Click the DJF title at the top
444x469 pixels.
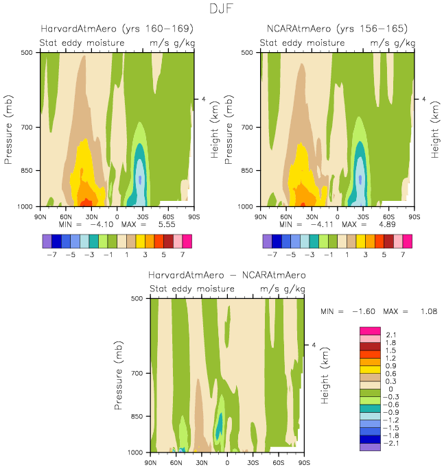pyautogui.click(x=222, y=10)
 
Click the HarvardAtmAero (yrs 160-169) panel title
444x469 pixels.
pyautogui.click(x=117, y=29)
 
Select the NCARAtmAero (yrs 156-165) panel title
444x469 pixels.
pyautogui.click(x=337, y=29)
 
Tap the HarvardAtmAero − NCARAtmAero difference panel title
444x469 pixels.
pyautogui.click(x=227, y=275)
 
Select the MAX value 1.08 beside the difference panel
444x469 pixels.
pyautogui.click(x=429, y=311)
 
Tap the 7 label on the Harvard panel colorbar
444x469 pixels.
pyautogui.click(x=187, y=254)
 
